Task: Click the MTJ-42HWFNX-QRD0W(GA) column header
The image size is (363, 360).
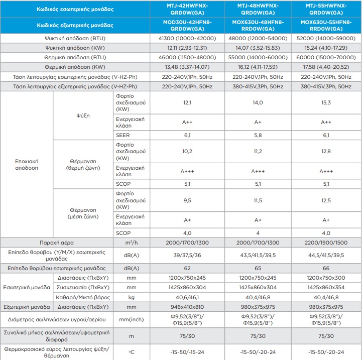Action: pyautogui.click(x=187, y=9)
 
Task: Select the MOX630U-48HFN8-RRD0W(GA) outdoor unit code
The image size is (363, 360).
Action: pyautogui.click(x=258, y=26)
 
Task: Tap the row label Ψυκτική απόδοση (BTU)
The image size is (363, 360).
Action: pyautogui.click(x=75, y=39)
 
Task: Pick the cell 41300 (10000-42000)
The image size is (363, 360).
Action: pyautogui.click(x=187, y=39)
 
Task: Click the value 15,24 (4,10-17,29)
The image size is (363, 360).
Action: pyautogui.click(x=326, y=48)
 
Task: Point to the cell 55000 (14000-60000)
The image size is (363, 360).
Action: pyautogui.click(x=258, y=57)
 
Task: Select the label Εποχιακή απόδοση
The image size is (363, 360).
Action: pyautogui.click(x=27, y=165)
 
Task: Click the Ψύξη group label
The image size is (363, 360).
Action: pyautogui.click(x=83, y=115)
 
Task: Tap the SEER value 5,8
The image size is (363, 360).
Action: pyautogui.click(x=258, y=135)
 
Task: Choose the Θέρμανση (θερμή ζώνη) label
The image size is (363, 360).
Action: pyautogui.click(x=83, y=165)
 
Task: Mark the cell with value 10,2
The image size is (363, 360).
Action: pyautogui.click(x=187, y=152)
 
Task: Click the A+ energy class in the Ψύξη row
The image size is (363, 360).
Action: pyautogui.click(x=258, y=122)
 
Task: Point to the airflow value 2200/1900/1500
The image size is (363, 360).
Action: pyautogui.click(x=326, y=243)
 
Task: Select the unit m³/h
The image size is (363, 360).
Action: pyautogui.click(x=131, y=243)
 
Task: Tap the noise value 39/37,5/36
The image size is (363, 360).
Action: pyautogui.click(x=187, y=256)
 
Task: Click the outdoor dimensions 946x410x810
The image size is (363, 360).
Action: pyautogui.click(x=187, y=307)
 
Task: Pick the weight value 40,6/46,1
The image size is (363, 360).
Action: pyautogui.click(x=187, y=297)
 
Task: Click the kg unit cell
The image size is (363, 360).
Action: pyautogui.click(x=131, y=298)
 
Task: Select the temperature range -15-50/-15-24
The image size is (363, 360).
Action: pyautogui.click(x=187, y=352)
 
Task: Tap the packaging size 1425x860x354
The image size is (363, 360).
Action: pyautogui.click(x=326, y=288)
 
